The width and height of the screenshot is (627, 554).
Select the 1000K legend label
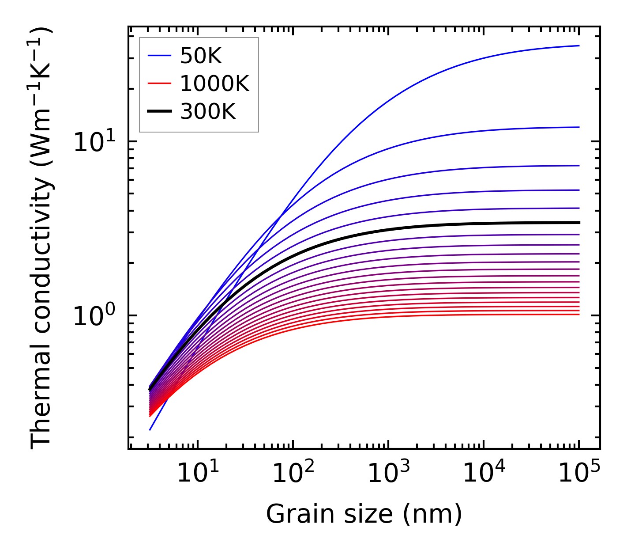pyautogui.click(x=214, y=83)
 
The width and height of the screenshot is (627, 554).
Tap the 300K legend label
pyautogui.click(x=208, y=112)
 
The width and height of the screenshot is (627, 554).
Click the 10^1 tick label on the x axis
pyautogui.click(x=197, y=474)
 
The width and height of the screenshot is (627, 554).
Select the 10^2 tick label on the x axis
pyautogui.click(x=293, y=474)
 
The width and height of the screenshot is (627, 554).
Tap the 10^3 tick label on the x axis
pyautogui.click(x=388, y=474)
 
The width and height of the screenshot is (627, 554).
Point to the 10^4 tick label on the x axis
pyautogui.click(x=484, y=474)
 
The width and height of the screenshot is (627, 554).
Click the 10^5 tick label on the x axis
pyautogui.click(x=579, y=474)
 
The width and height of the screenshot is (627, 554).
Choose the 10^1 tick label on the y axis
pyautogui.click(x=93, y=142)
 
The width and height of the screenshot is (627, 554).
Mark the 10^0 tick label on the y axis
pyautogui.click(x=93, y=316)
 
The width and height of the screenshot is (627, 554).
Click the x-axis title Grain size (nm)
pyautogui.click(x=364, y=515)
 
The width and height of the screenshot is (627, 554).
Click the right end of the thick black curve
pyautogui.click(x=578, y=223)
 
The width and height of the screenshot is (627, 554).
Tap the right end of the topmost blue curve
pyautogui.click(x=578, y=46)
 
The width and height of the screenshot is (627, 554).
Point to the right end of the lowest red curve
pyautogui.click(x=578, y=315)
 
